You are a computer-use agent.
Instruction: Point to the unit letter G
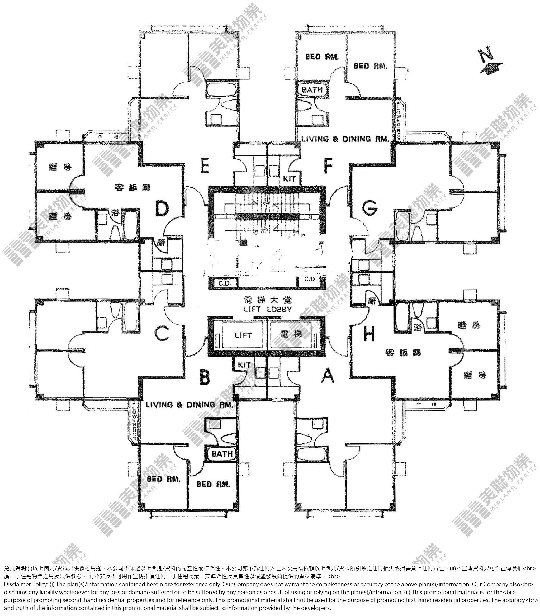[x=370, y=208]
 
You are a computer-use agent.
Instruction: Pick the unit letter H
[x=369, y=334]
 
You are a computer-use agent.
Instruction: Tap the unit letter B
[x=205, y=377]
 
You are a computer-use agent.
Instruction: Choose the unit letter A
[x=328, y=377]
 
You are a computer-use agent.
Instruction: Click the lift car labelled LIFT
[x=243, y=335]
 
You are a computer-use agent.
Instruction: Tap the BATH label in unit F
[x=312, y=89]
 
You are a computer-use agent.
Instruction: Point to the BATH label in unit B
[x=222, y=454]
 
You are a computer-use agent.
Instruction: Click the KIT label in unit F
[x=289, y=179]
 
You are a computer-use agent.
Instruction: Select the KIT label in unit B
[x=244, y=365]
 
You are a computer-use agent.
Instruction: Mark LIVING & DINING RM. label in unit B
[x=189, y=405]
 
